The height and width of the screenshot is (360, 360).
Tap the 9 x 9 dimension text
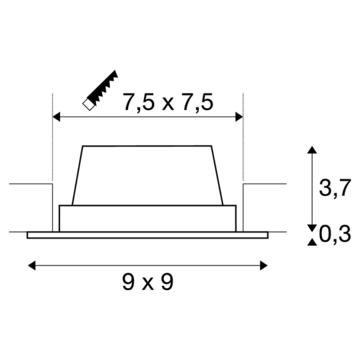click(x=147, y=283)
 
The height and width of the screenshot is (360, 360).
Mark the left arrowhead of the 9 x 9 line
click(x=31, y=265)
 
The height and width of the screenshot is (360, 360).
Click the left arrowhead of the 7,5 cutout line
click(x=56, y=117)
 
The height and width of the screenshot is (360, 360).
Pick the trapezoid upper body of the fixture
click(x=147, y=175)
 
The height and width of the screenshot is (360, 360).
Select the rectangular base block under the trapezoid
click(x=147, y=218)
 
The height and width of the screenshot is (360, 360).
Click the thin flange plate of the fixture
click(x=147, y=235)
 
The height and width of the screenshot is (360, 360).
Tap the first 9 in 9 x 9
click(x=128, y=283)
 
